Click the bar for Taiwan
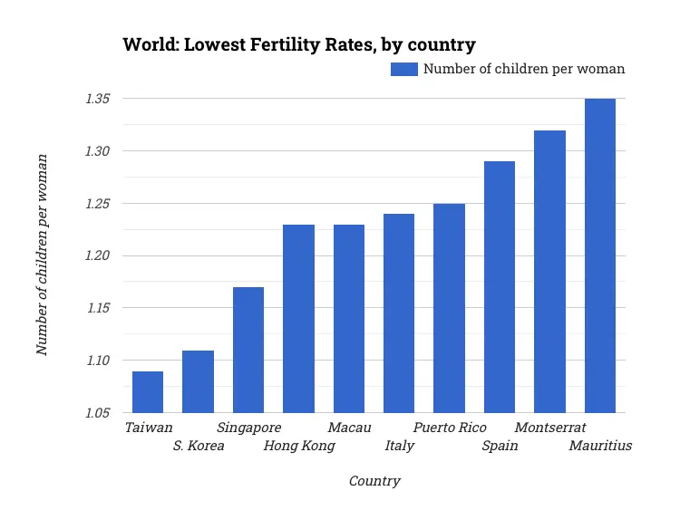point(148,391)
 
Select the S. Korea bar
point(198,381)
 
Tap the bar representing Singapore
point(248,350)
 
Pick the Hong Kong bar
point(298,318)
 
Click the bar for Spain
point(500,287)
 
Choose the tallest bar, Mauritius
point(600,255)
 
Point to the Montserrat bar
point(549,272)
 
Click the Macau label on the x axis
point(349,428)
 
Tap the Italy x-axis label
point(399,446)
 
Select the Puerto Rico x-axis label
point(450,428)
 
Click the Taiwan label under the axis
point(148,428)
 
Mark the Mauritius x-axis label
point(599,446)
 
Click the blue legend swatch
point(403,69)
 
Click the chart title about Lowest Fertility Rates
point(299,44)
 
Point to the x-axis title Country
point(374,481)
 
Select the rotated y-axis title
point(42,255)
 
